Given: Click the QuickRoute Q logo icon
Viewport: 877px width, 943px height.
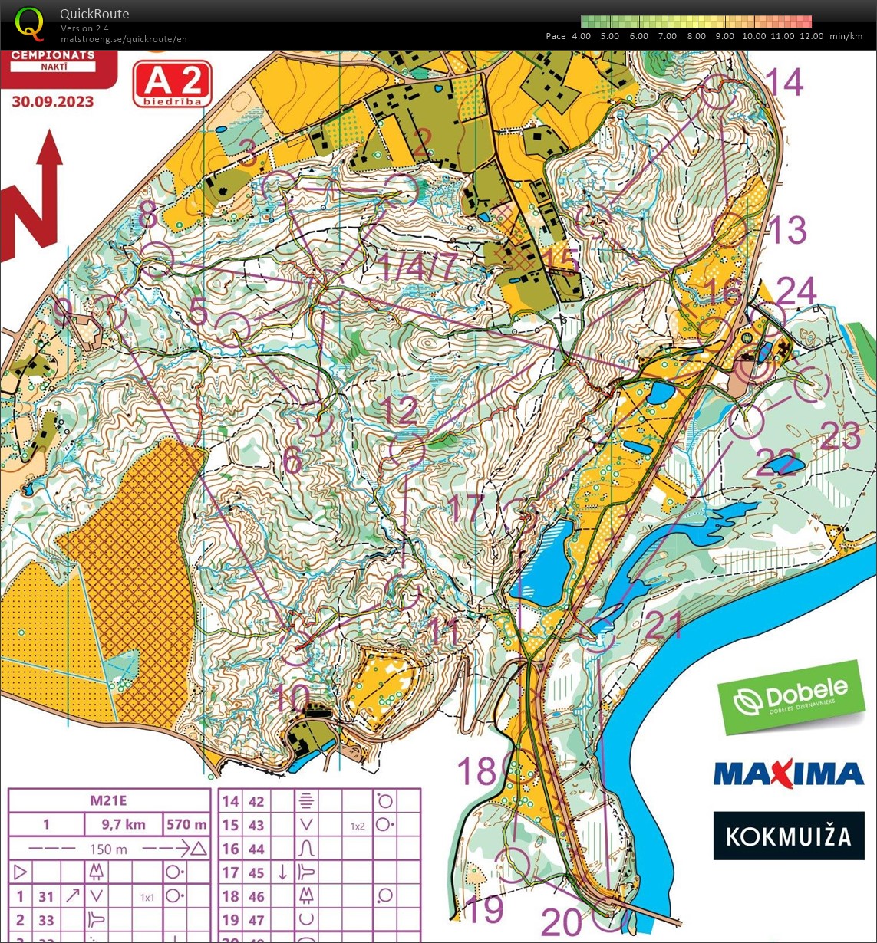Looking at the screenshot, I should (x=29, y=23).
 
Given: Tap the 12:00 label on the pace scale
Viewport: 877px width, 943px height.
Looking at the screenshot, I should (x=812, y=36).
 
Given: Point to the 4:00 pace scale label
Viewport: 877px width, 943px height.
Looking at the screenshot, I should (x=581, y=36).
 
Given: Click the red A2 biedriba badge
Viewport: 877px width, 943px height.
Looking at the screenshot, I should (x=172, y=84).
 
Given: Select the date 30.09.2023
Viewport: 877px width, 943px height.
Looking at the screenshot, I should (x=53, y=102).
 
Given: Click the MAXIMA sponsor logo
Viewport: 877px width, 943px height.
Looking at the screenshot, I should (x=789, y=773).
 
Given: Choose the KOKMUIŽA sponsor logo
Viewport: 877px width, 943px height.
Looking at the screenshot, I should (x=789, y=835).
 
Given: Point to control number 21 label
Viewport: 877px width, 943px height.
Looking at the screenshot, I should (x=663, y=626).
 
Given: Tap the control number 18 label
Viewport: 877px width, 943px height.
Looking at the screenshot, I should (x=477, y=770).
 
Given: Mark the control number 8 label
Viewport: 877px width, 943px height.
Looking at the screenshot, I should (x=148, y=217).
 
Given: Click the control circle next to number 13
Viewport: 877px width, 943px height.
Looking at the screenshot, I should (x=730, y=229).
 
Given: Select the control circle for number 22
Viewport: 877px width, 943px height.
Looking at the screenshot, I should (x=746, y=422).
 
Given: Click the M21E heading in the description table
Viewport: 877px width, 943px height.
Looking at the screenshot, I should (x=108, y=801).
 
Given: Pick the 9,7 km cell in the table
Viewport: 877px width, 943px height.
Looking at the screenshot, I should (x=124, y=825).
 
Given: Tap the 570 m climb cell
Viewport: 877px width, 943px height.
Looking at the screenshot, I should (x=186, y=825).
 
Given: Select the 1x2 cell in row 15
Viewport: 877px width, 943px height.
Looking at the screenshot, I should (x=357, y=826).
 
